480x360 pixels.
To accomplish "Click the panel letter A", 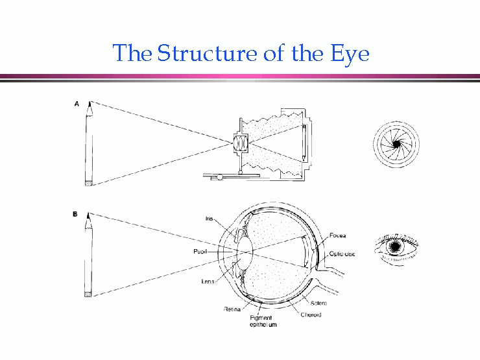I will click(x=77, y=102).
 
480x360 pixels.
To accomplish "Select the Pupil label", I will click(x=200, y=250).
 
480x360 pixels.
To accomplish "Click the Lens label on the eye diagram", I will click(x=209, y=281).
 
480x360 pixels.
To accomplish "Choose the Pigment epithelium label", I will click(x=263, y=320).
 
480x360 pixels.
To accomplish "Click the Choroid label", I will click(x=311, y=315).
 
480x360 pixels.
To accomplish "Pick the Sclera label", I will click(x=318, y=303).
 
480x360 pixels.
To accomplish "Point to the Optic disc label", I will click(x=344, y=254).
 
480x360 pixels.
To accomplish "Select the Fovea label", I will click(x=338, y=235).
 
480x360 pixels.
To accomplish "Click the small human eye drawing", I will click(x=394, y=247).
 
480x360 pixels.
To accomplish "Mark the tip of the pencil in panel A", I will click(x=89, y=102).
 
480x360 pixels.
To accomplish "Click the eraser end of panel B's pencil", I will click(x=89, y=294).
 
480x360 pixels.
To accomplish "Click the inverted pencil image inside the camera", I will click(x=304, y=143).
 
